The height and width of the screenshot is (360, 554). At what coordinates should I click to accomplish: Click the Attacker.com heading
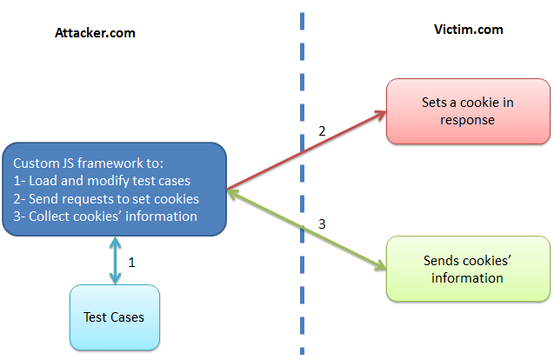tap(95, 33)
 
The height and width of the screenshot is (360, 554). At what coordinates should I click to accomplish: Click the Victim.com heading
tap(468, 30)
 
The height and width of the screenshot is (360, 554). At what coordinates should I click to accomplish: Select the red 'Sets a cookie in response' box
tap(468, 110)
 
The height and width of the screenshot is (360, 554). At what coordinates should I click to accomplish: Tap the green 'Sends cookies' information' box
tap(468, 269)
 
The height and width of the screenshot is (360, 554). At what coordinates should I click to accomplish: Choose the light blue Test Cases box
tap(114, 317)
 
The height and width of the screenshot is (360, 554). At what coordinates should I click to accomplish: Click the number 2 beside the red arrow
tap(322, 132)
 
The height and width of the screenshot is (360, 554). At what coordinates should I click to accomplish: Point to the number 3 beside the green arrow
tap(322, 224)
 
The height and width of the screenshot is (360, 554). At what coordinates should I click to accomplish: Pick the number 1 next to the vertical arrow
tap(131, 261)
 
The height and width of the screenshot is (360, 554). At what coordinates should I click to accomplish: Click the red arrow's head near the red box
tap(381, 113)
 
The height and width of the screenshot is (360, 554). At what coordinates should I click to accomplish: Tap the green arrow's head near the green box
tap(381, 266)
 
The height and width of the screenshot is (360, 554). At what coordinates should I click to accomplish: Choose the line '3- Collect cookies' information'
tap(105, 217)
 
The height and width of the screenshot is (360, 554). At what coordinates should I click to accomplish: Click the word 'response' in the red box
tap(468, 120)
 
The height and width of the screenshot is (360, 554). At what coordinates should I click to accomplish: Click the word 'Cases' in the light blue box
tap(128, 317)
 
